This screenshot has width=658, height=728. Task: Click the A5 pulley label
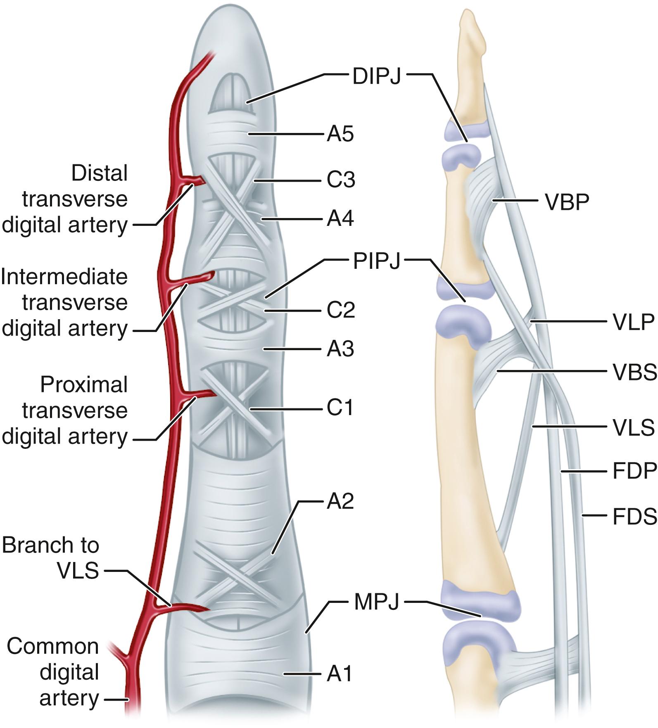(340, 135)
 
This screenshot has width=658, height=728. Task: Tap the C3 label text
(340, 180)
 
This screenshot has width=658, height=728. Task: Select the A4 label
(340, 219)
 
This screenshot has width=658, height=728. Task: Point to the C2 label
(340, 310)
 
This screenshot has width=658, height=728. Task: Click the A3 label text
(340, 349)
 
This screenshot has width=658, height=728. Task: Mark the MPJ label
(376, 602)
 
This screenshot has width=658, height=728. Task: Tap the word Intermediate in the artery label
(64, 277)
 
